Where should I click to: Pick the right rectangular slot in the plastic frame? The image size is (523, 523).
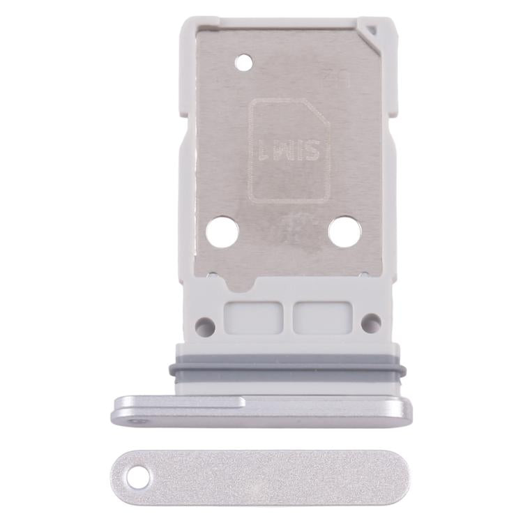314,317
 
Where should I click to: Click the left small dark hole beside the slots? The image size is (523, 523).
204,324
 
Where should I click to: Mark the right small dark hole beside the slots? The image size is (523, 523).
372,322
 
